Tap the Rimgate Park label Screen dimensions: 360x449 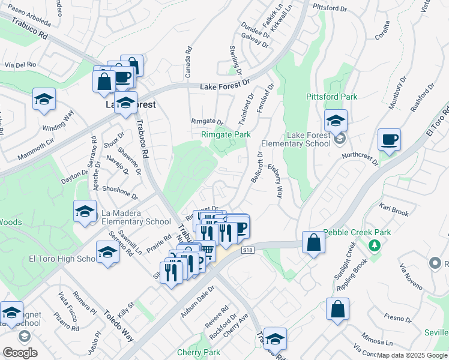(x=226, y=135)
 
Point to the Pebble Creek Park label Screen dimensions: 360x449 (x=357, y=232)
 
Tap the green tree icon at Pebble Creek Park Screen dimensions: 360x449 (x=374, y=245)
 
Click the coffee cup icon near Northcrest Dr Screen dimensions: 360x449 (x=389, y=140)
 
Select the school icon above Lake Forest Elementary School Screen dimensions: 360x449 (x=336, y=121)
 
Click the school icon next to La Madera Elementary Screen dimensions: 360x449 (x=85, y=212)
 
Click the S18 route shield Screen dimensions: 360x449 (x=248, y=250)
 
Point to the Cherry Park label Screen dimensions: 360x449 (x=199, y=352)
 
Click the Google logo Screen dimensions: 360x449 (x=19, y=352)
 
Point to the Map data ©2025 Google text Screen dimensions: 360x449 (x=411, y=355)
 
